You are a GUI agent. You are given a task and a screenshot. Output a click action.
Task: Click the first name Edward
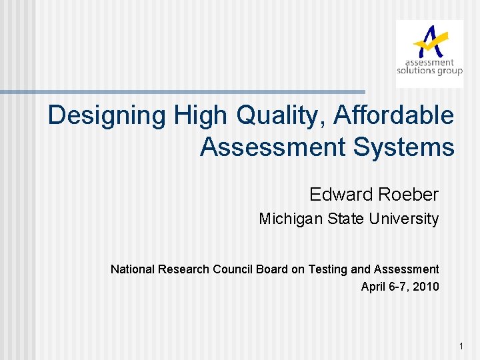coord(339,195)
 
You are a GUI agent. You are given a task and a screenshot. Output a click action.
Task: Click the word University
coord(407,219)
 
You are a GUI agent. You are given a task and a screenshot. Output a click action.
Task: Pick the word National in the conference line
coord(131,269)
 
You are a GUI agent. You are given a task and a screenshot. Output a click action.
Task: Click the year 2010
coord(425,287)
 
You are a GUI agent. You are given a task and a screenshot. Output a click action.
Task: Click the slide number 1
coord(461,346)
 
